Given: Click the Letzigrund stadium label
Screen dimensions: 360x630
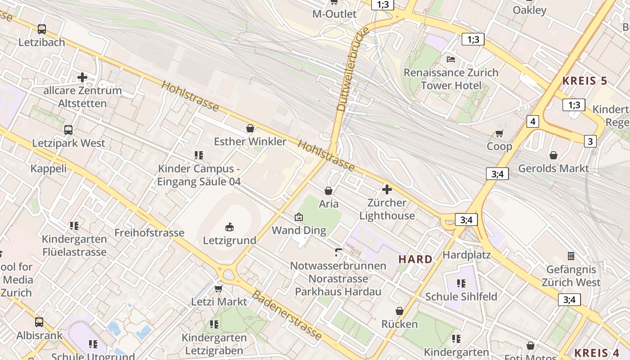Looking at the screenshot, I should pos(229,240).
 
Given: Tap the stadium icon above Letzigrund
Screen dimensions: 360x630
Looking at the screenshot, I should pos(229,226).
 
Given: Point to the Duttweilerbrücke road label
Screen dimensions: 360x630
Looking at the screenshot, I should pos(353,68).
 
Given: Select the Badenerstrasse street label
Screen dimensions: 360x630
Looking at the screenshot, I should pos(287,315).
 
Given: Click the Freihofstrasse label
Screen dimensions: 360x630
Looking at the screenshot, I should pos(149,233).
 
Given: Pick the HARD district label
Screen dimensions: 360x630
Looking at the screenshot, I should pos(415,259).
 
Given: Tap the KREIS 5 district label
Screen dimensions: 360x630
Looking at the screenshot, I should pos(585,81).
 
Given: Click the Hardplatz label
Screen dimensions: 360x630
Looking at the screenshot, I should pos(467,255).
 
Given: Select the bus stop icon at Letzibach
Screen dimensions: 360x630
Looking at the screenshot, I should pos(42,29).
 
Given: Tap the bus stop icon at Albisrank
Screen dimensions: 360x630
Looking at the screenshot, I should pos(39,322).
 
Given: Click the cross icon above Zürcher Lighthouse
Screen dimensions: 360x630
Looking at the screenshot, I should pos(387,189).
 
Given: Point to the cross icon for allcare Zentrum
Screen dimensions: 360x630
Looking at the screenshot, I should pos(82,77).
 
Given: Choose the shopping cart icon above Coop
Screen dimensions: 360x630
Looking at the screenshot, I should pos(499,133).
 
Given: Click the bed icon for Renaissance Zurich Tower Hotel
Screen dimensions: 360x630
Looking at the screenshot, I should pos(451,59).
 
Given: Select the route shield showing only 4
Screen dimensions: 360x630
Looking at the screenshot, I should pos(533,121).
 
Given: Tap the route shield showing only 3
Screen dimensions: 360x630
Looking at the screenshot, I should pos(590,141).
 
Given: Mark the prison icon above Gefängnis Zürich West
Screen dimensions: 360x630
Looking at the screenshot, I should pos(571,256).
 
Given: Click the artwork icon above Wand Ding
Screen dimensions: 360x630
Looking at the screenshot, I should pos(298,217).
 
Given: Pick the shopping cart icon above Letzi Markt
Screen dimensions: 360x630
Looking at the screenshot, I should pos(219,288).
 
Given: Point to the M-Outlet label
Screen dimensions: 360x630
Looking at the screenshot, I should pos(334,14).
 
